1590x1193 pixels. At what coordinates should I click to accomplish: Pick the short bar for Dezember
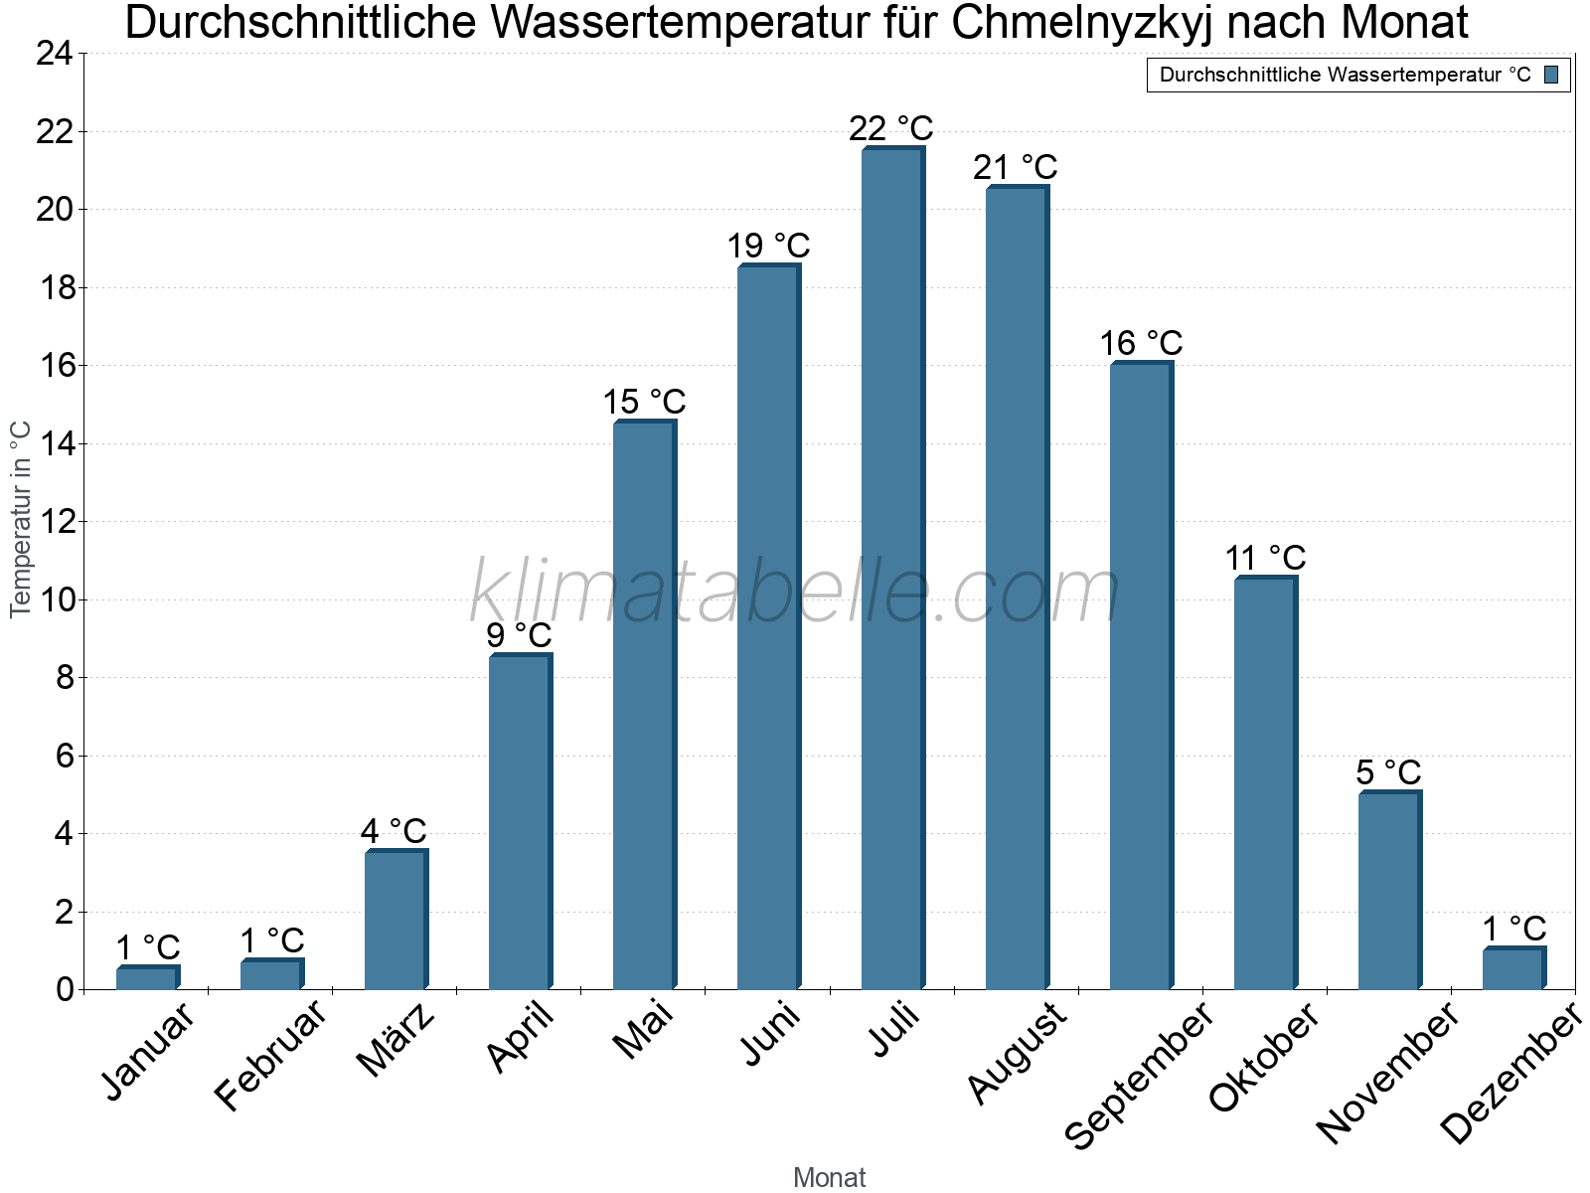(x=1512, y=968)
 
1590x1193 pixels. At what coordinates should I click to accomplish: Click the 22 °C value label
(x=891, y=128)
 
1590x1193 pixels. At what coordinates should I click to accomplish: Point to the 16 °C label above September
(x=1141, y=343)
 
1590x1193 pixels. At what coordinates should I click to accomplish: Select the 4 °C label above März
(x=394, y=830)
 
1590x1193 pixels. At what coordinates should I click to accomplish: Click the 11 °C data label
(x=1265, y=558)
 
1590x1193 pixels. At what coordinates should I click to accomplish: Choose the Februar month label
(x=270, y=1055)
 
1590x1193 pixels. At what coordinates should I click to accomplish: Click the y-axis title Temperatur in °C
(x=21, y=519)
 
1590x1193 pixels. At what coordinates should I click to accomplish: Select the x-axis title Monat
(x=829, y=1177)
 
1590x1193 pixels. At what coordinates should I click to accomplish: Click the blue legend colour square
(x=1551, y=75)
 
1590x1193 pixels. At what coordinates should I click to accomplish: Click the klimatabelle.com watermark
(x=795, y=592)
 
